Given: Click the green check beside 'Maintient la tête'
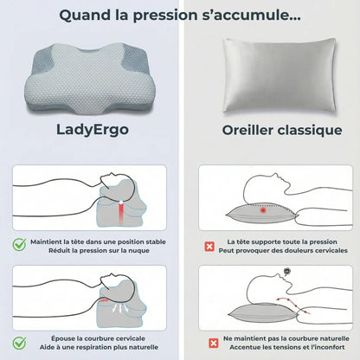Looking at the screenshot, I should coord(19,246).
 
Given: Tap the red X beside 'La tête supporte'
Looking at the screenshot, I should coord(209,246).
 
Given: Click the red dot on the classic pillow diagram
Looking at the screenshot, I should coord(261,209).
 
